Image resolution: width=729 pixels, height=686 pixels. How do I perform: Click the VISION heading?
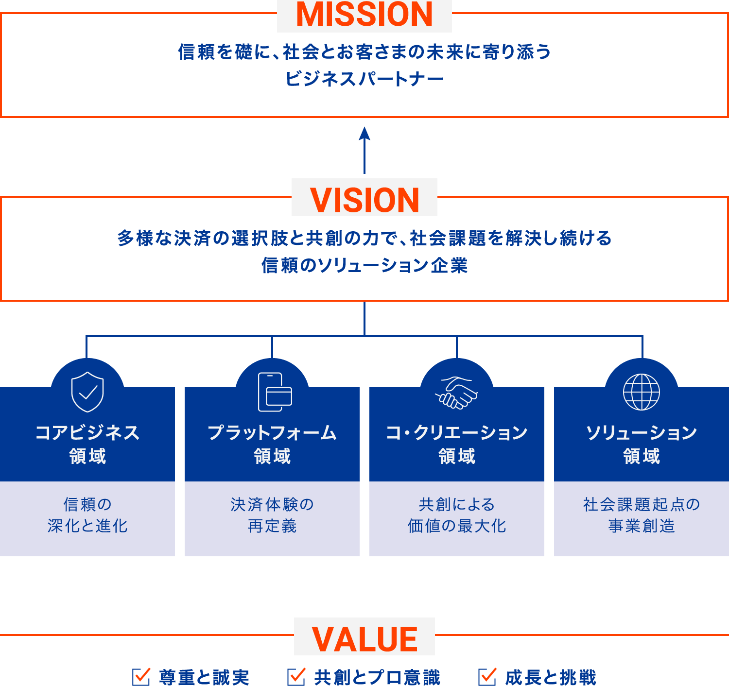tap(364, 200)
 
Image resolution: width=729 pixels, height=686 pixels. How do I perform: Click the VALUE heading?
tap(364, 639)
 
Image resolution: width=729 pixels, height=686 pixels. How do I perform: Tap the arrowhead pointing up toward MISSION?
tap(364, 134)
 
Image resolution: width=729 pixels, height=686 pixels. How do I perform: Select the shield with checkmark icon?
tap(87, 392)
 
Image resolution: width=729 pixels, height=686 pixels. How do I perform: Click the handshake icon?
tap(457, 393)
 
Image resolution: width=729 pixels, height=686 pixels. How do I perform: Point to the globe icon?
tap(642, 392)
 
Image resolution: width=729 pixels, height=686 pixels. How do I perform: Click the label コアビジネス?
tap(87, 432)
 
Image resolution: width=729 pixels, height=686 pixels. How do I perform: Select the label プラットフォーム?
tap(272, 432)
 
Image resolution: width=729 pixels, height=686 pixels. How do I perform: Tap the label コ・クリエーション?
tap(457, 432)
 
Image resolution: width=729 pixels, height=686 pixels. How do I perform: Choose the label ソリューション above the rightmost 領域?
tap(642, 432)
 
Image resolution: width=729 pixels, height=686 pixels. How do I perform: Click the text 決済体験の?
tap(272, 504)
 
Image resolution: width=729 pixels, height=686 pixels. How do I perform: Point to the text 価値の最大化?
tap(457, 526)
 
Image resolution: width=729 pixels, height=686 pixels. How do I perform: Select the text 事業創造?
tap(642, 526)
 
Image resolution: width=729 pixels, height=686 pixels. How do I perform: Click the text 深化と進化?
tap(87, 526)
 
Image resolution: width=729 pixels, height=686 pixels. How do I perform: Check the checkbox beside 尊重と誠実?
tap(141, 676)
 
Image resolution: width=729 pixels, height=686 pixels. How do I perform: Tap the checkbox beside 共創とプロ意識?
tap(295, 676)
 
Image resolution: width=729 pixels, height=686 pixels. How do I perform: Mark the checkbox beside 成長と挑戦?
tap(487, 676)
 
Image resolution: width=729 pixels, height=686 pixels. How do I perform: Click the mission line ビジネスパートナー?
tap(364, 79)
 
